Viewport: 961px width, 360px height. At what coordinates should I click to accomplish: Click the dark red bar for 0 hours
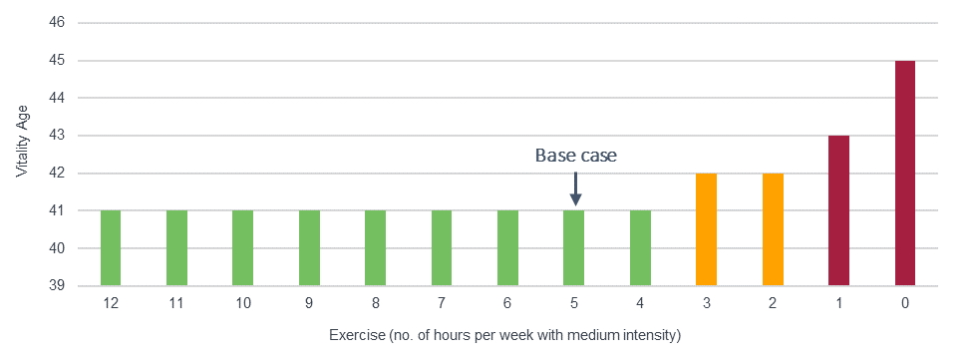point(904,173)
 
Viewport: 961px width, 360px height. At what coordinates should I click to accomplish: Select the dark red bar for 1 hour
point(838,210)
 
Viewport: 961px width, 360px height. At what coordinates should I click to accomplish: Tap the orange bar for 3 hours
point(706,229)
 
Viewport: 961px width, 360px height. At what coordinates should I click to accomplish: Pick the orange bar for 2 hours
point(773,229)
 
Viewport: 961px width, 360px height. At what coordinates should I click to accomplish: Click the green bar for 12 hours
point(111,247)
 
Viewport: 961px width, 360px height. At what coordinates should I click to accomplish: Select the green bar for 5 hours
point(573,247)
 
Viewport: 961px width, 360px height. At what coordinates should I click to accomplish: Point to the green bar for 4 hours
point(640,247)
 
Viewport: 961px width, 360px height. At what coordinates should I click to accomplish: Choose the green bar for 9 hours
point(309,247)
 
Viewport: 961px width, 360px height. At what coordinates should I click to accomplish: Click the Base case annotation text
point(575,156)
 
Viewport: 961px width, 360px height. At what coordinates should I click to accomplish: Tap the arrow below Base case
point(575,186)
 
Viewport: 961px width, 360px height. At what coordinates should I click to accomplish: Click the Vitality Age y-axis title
point(22,143)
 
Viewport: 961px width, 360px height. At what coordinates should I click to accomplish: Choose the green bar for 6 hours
point(507,247)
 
